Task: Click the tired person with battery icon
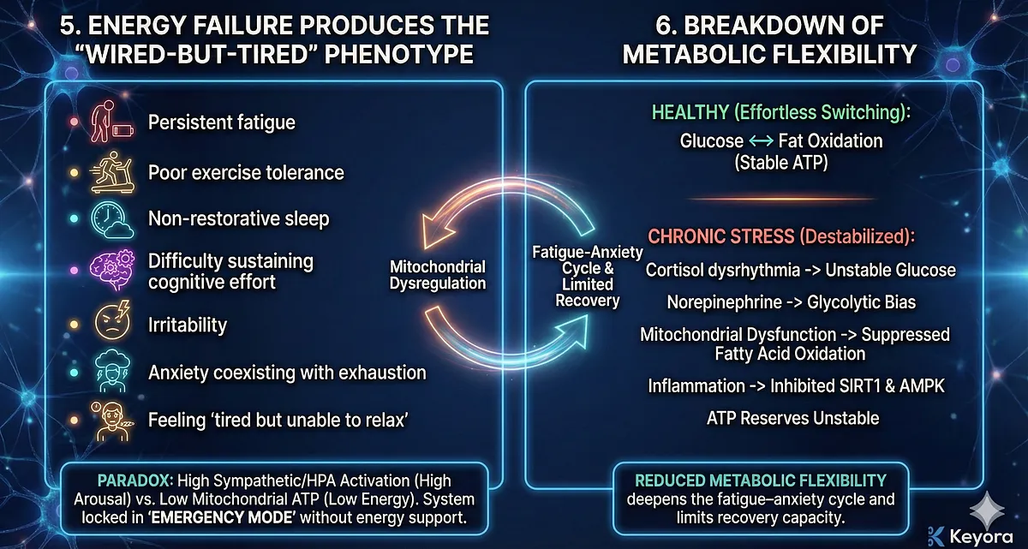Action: click(x=111, y=122)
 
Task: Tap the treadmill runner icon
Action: click(x=112, y=172)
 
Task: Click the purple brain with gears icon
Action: click(x=112, y=270)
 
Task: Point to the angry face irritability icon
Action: click(x=112, y=321)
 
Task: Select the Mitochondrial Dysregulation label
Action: click(x=438, y=275)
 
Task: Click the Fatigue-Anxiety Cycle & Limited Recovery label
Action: click(x=588, y=276)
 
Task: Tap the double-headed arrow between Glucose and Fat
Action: click(x=761, y=141)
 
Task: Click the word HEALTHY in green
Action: click(x=690, y=113)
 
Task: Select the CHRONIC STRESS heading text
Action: click(x=721, y=236)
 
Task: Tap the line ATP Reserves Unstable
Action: click(x=792, y=418)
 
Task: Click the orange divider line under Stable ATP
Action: click(x=781, y=199)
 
